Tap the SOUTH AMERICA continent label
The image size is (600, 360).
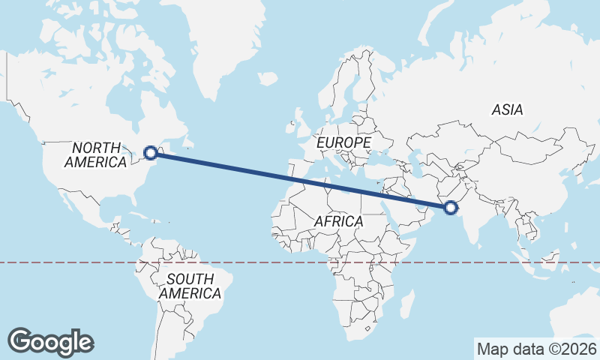[x=190, y=286]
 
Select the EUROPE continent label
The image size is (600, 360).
[x=343, y=142]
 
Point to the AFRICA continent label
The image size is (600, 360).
[x=338, y=222]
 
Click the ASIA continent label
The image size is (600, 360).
[x=507, y=110]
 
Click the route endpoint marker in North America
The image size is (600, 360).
[x=151, y=153]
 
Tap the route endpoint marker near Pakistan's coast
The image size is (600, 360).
[x=451, y=208]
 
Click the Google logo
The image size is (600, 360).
[x=50, y=341]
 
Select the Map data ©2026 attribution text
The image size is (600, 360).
[x=537, y=349]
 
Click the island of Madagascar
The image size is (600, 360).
[x=407, y=303]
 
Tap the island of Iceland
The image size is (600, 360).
[x=268, y=77]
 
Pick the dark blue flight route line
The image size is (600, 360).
[x=300, y=180]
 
